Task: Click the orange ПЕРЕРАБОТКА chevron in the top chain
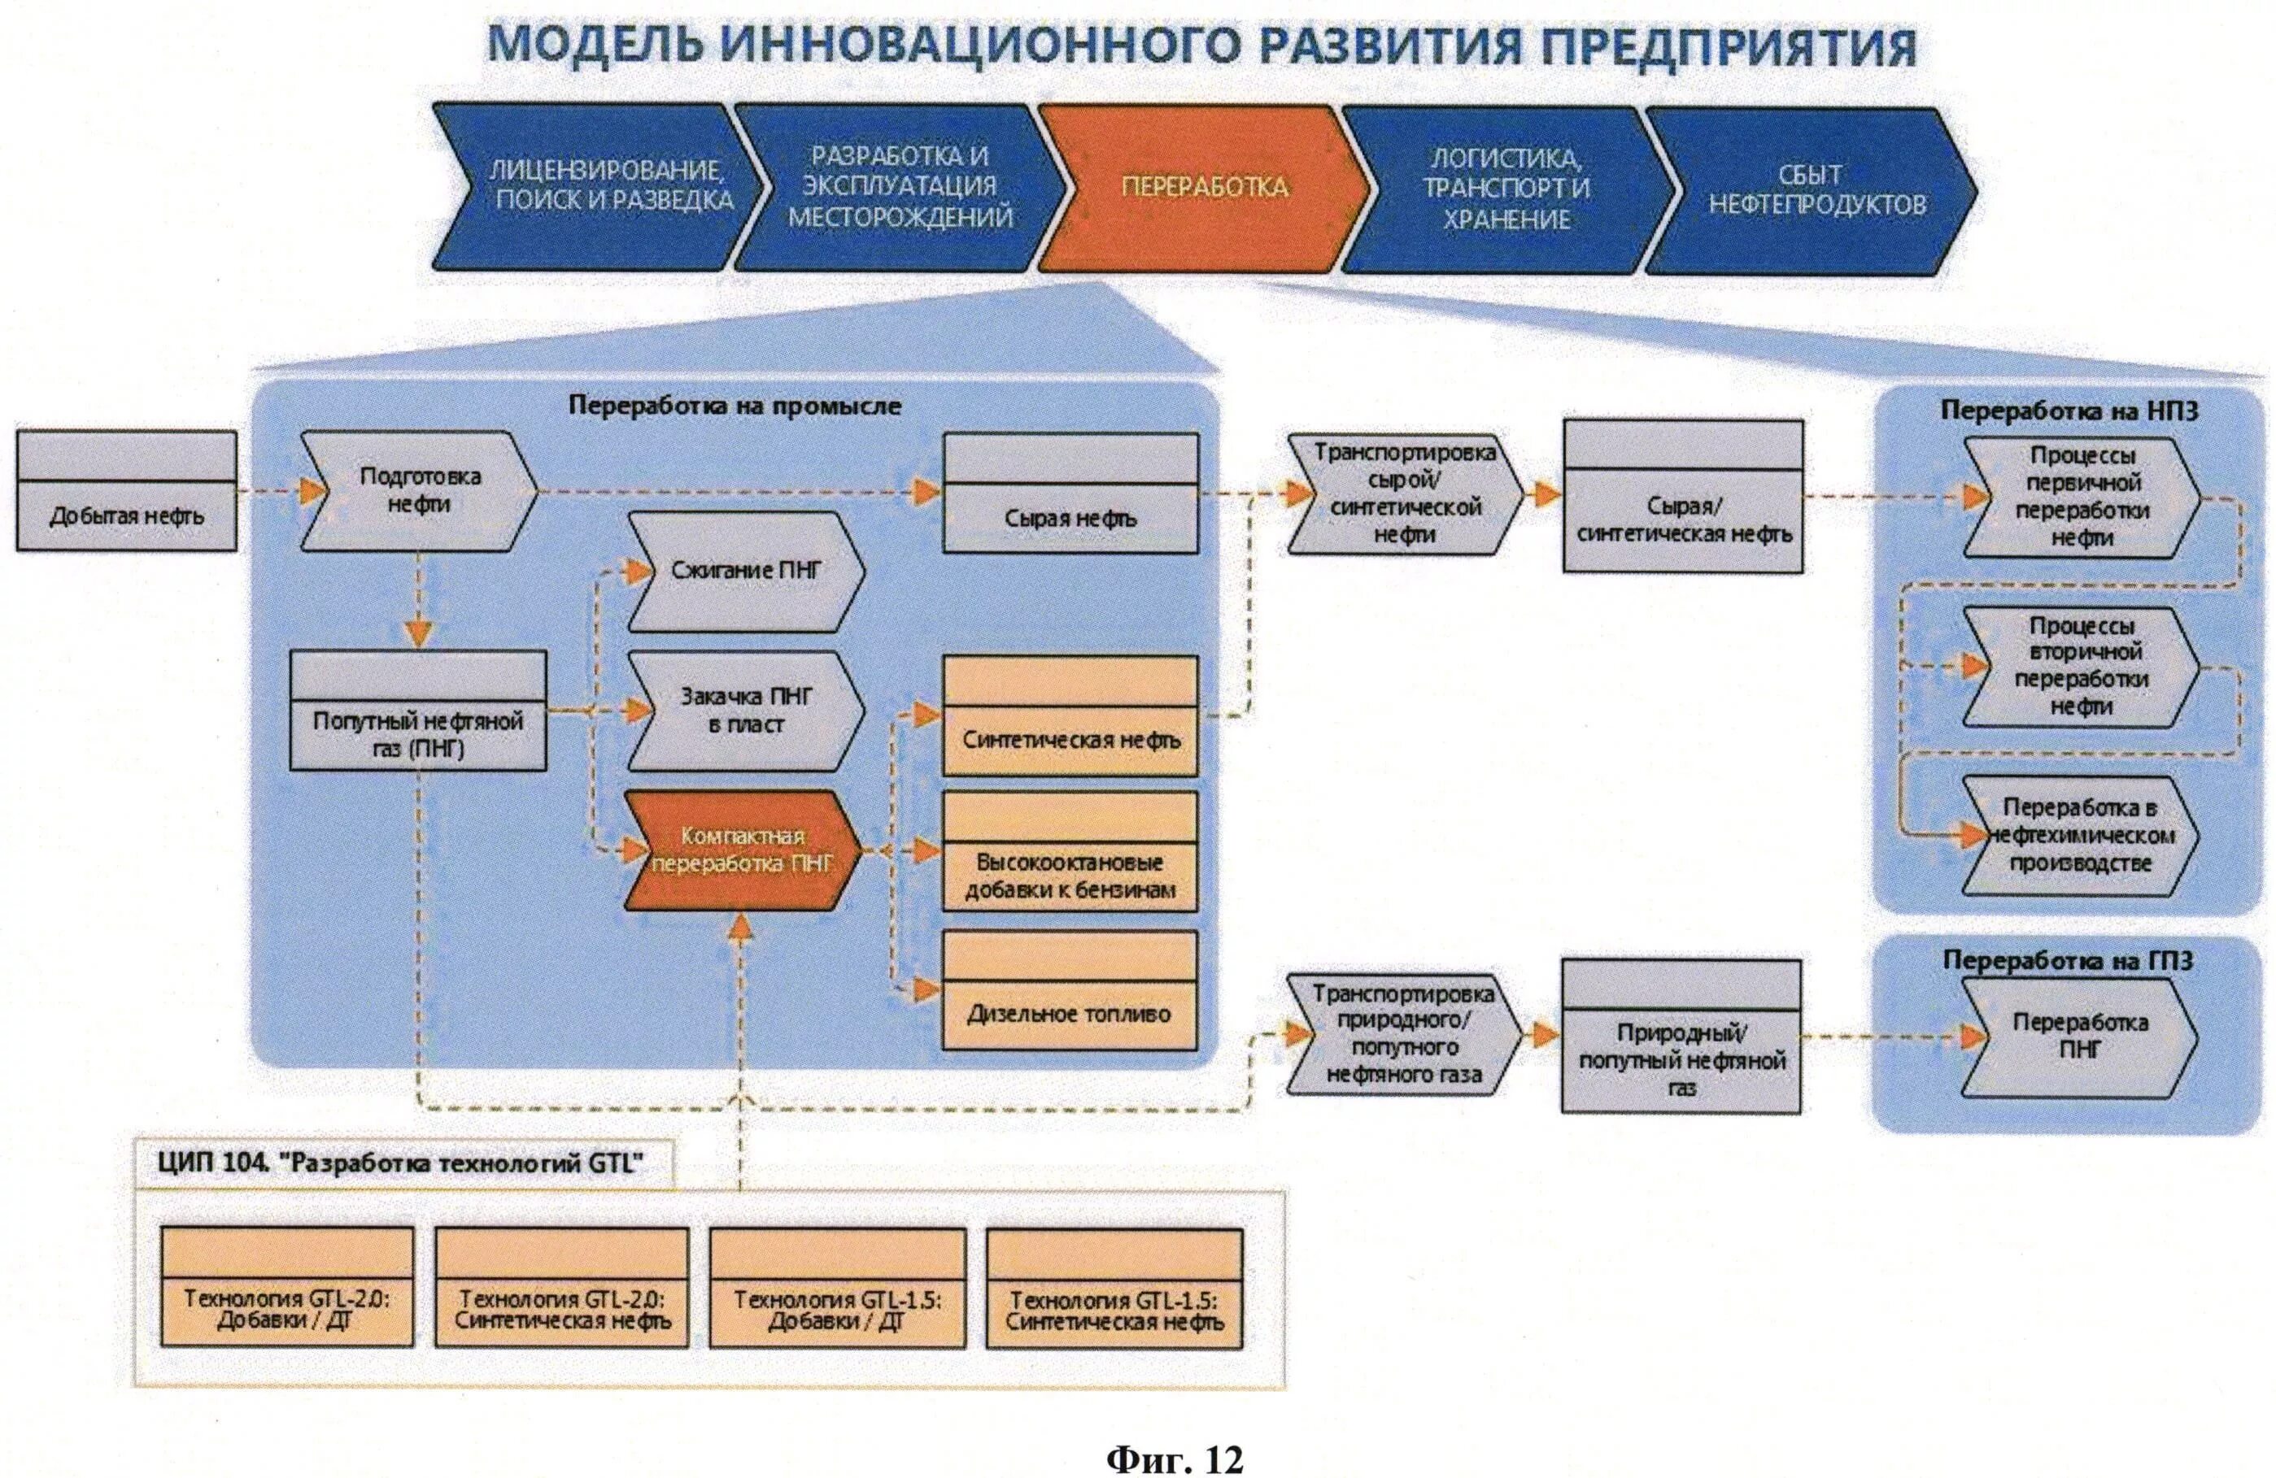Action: pyautogui.click(x=1203, y=187)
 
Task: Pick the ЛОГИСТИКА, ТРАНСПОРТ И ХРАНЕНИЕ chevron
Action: pyautogui.click(x=1506, y=189)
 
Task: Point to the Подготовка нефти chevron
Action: pyautogui.click(x=420, y=491)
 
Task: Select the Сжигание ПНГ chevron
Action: pyautogui.click(x=745, y=572)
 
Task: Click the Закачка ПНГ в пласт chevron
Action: pyautogui.click(x=745, y=711)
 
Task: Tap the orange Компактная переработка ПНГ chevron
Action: pyautogui.click(x=742, y=850)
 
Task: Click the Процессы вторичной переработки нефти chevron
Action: pyautogui.click(x=2081, y=667)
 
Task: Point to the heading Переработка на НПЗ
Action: pyautogui.click(x=2069, y=411)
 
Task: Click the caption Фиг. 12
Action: pyautogui.click(x=1175, y=1434)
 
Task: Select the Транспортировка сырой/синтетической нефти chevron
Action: pyautogui.click(x=1404, y=493)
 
